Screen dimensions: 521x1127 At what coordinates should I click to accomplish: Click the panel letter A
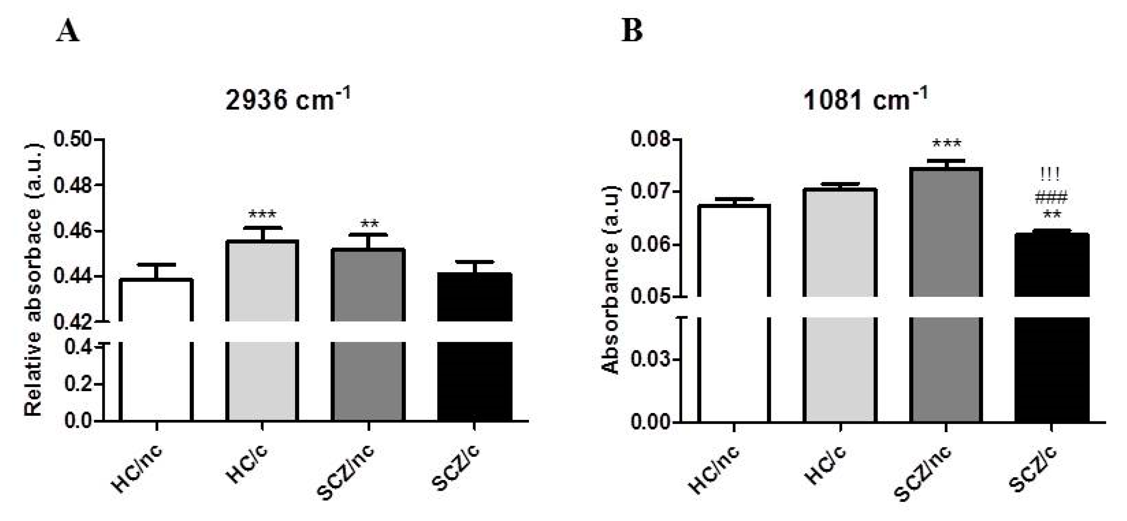click(x=68, y=31)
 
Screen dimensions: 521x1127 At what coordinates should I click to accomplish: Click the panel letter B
click(x=632, y=31)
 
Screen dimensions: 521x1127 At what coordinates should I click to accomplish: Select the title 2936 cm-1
click(x=287, y=100)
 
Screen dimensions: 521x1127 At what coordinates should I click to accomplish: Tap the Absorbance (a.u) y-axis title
click(x=611, y=280)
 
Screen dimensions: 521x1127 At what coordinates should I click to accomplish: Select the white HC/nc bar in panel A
click(x=156, y=350)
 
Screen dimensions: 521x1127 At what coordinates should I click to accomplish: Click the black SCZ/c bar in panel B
click(x=1051, y=328)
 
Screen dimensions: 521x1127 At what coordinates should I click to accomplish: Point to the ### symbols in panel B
click(x=1051, y=198)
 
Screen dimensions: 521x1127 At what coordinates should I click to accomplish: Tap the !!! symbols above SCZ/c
click(x=1050, y=175)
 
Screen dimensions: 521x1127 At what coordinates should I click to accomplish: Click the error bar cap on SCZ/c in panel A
click(x=475, y=262)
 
